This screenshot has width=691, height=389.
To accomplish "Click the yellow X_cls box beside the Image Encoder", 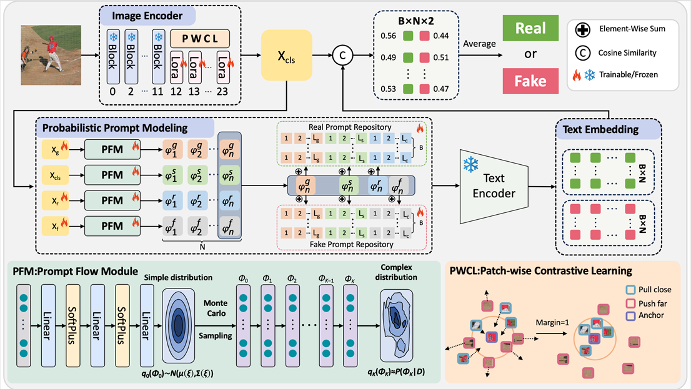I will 287,55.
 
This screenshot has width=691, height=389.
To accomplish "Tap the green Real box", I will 530,28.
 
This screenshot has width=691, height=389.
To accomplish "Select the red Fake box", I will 530,81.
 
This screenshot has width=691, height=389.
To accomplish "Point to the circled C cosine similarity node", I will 342,55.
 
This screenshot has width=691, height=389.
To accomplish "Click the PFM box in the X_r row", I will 113,201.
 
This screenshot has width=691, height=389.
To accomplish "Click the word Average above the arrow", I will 479,44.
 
